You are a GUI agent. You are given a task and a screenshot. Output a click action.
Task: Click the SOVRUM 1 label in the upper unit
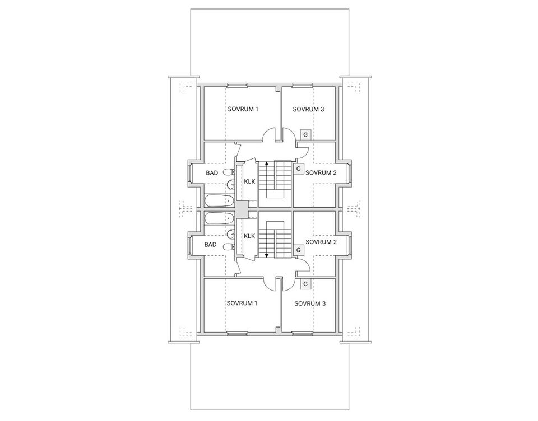[243, 109]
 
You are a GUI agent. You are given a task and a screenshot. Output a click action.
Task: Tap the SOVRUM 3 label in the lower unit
[310, 303]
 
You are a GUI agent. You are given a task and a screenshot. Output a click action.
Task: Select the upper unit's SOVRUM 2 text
[321, 172]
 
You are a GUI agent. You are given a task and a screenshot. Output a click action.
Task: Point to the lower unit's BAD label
[210, 245]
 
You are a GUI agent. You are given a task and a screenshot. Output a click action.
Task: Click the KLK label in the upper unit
[249, 181]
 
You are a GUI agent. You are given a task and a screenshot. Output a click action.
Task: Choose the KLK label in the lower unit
[249, 236]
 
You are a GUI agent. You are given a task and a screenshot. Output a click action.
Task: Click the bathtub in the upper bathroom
[219, 200]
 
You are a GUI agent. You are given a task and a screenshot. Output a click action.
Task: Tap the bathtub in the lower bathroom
[219, 218]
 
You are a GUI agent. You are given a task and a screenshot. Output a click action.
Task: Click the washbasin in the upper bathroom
[230, 185]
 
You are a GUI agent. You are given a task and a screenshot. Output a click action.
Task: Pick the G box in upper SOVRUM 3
[305, 135]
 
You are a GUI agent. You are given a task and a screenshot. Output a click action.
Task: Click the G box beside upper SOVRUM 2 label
[299, 169]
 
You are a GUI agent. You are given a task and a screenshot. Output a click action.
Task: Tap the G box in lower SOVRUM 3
[305, 284]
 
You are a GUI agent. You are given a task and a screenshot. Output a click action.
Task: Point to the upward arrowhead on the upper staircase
[267, 163]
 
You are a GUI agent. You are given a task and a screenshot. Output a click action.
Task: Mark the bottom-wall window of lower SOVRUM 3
[303, 333]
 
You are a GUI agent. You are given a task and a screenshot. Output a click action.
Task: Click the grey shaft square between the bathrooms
[243, 209]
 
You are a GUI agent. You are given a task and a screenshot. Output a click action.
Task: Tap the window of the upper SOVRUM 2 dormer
[350, 173]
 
